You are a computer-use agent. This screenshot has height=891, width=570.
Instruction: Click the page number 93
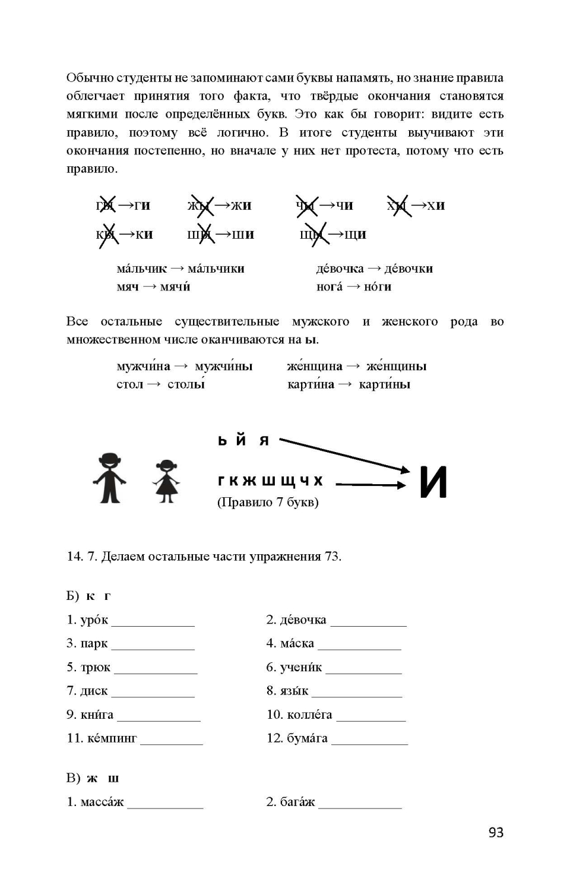tap(496, 832)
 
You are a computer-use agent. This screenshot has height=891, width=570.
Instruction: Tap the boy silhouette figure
tap(110, 479)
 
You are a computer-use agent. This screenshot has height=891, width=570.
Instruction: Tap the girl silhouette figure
tap(166, 481)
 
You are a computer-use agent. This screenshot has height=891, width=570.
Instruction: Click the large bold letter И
tap(433, 482)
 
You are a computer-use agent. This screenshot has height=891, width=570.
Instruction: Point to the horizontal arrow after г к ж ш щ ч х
tap(370, 485)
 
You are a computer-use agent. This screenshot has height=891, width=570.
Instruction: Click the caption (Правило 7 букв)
tap(268, 502)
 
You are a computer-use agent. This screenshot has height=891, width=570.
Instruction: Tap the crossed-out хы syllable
tap(398, 206)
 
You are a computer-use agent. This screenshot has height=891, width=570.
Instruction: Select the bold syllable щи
tap(355, 235)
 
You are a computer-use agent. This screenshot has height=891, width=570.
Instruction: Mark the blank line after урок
tap(153, 625)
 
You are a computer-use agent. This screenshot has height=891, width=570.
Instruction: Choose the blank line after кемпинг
tap(172, 743)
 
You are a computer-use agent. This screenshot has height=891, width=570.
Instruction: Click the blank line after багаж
tap(360, 807)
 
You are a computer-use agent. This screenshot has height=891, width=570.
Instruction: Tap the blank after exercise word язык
tap(357, 696)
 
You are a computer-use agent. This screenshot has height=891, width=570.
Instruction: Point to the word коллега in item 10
tap(309, 715)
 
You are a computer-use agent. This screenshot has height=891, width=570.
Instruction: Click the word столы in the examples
tap(186, 384)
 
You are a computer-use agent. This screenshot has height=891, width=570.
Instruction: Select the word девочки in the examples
tap(408, 268)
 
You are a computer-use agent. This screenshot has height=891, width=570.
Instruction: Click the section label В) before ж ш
tap(73, 778)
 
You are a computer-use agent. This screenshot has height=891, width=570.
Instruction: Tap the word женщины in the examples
tap(396, 366)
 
